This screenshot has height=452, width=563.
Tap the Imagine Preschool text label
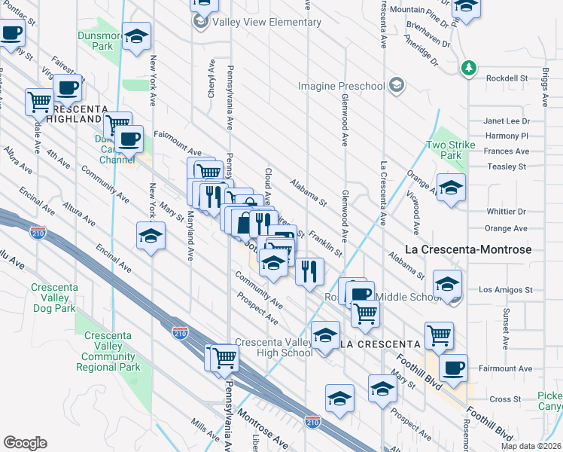click(x=341, y=86)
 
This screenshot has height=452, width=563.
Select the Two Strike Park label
click(x=443, y=150)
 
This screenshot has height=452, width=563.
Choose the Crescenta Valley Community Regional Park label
click(x=108, y=351)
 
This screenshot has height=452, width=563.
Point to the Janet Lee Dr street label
click(x=507, y=121)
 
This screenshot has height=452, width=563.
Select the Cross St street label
click(x=506, y=399)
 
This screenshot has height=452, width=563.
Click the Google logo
click(x=25, y=443)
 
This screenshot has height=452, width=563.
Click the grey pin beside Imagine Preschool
click(x=397, y=85)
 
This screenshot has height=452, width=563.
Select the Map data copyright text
click(x=533, y=446)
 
